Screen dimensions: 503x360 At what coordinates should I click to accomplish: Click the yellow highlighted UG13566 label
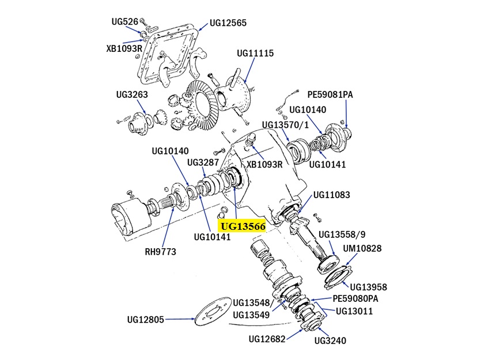pos(243,226)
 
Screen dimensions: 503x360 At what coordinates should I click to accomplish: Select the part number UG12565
pos(228,23)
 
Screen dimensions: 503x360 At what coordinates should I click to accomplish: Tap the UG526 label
pos(125,21)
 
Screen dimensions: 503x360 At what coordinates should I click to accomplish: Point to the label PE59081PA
pos(330,94)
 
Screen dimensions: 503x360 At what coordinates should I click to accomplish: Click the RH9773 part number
pos(161,252)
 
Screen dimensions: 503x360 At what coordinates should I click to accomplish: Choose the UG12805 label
pos(146,320)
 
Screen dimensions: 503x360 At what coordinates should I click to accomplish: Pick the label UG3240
pos(330,340)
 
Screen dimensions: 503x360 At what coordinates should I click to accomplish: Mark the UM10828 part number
pos(362,248)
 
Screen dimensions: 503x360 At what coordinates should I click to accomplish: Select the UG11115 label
pos(255,53)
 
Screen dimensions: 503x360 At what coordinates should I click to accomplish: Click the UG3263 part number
pos(132,94)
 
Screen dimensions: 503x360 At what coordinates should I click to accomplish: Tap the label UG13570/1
pos(286,124)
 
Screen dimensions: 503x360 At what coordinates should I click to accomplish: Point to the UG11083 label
pos(332,195)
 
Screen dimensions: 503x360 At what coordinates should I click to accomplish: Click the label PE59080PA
pos(355,299)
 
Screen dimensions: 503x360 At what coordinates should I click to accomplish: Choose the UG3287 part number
pos(203,162)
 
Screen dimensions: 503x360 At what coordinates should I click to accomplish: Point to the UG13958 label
pos(369,287)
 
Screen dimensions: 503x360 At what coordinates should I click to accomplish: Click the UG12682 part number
pos(267,339)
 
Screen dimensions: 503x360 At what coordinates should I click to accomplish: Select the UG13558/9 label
pos(342,234)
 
